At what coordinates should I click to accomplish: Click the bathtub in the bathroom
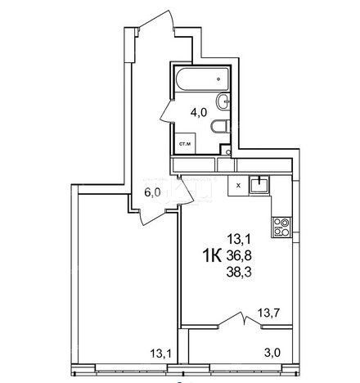coord(202,79)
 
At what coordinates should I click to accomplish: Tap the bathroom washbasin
coord(223,101)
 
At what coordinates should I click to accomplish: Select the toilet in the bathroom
coord(221,127)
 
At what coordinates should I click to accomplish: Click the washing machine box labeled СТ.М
coord(185,143)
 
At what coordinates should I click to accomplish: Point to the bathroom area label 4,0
coord(199,112)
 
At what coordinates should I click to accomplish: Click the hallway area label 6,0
coord(153,192)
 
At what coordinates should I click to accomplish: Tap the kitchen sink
coord(259,185)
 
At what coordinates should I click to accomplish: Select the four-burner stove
coord(281,227)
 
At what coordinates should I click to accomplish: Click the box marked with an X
coord(238,186)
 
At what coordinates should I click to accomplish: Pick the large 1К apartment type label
coord(212,255)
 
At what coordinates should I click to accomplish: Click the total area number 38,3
coord(239,272)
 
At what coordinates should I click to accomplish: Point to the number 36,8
coord(239,256)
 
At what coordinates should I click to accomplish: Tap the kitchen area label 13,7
coord(268,313)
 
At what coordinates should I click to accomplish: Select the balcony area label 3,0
coord(272,353)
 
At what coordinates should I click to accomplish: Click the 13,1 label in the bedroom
coord(161,354)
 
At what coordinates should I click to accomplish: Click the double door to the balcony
coord(241,320)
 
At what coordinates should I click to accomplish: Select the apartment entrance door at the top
coord(156,20)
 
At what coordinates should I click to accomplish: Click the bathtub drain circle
coord(218,79)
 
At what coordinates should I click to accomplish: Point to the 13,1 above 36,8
coord(239,240)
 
